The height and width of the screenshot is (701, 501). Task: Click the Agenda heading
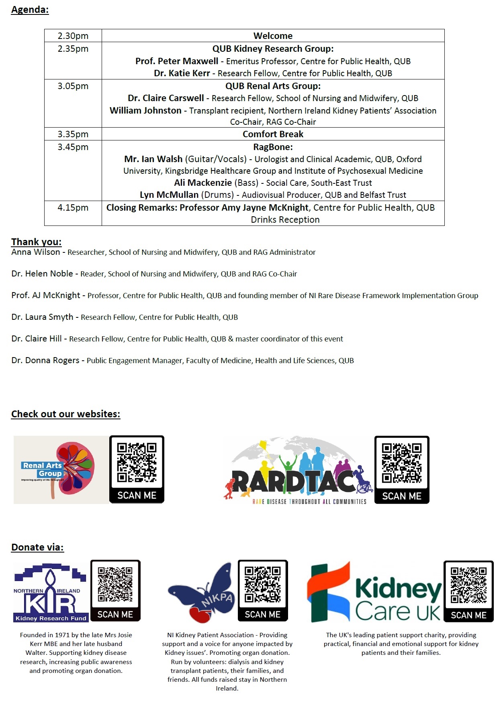30,10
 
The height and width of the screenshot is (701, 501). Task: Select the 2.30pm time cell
73,36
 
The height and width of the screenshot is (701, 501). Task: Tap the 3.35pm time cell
73,134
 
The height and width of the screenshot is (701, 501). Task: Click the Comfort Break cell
273,134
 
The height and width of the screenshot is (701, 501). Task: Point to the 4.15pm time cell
73,208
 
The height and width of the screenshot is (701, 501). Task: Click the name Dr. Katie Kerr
182,73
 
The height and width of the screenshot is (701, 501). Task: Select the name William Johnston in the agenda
145,110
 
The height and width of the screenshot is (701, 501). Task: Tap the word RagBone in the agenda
272,147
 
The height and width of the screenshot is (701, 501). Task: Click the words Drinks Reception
285,220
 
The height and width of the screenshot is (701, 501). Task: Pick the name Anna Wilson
35,252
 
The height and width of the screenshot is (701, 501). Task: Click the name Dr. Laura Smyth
42,317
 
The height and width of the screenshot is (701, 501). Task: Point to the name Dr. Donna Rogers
45,360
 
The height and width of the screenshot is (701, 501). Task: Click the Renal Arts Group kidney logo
61,470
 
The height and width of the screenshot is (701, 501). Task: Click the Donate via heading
37,547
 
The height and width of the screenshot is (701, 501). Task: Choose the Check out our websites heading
65,414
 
